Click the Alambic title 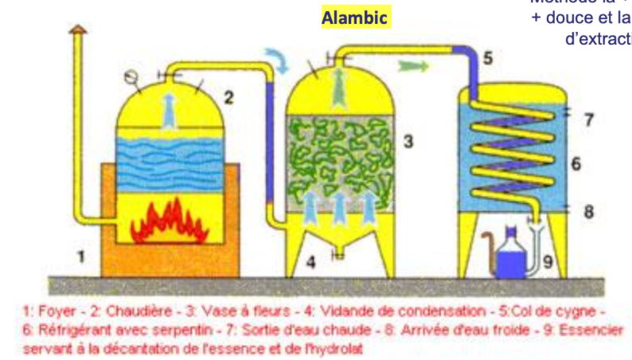click(355, 18)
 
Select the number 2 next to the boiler click(228, 99)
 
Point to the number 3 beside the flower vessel click(407, 143)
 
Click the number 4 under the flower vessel click(311, 260)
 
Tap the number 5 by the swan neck click(487, 57)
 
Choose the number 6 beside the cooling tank click(575, 163)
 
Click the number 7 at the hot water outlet click(588, 120)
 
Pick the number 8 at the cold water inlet click(588, 212)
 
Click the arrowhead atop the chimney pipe click(77, 29)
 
